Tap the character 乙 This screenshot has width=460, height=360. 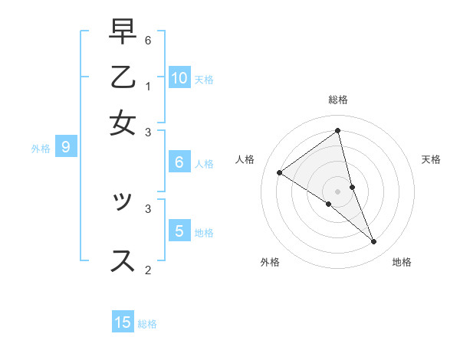click(123, 79)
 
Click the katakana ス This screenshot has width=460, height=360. click(123, 260)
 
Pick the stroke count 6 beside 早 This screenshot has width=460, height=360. click(148, 40)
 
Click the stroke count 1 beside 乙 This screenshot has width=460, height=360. click(148, 86)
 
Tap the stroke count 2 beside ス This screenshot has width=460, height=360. click(148, 269)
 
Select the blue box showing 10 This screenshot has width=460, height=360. click(179, 77)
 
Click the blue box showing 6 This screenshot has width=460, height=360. click(179, 162)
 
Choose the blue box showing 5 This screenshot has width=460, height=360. click(179, 231)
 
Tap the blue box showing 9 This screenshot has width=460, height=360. click(66, 147)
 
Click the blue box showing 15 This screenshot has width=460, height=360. click(123, 322)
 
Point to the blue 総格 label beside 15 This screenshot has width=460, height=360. click(147, 323)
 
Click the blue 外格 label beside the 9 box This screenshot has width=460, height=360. click(41, 149)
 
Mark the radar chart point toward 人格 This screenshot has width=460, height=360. click(279, 173)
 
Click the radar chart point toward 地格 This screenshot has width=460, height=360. click(374, 242)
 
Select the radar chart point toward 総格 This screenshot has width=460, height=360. click(338, 131)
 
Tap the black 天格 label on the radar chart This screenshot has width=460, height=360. click(431, 159)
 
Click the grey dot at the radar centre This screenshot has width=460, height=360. click(338, 191)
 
